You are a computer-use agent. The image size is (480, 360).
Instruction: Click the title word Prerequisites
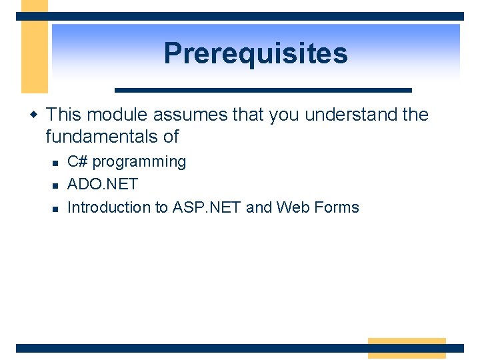click(255, 54)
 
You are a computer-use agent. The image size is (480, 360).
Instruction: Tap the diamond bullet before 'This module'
click(34, 115)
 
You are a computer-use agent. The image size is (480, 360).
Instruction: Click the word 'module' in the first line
click(117, 115)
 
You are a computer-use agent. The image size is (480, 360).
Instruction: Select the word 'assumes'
click(190, 115)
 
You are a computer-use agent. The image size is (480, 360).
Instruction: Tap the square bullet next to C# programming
click(55, 163)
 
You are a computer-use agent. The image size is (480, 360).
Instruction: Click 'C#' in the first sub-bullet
click(77, 161)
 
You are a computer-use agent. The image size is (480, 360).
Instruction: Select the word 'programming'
click(139, 162)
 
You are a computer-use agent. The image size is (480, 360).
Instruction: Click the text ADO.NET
click(103, 184)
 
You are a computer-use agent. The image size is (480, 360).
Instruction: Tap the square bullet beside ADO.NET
click(55, 186)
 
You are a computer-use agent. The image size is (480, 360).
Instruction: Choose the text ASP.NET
click(207, 207)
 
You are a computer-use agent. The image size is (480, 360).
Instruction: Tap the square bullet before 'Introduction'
click(55, 209)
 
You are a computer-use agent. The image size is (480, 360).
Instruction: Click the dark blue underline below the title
click(263, 90)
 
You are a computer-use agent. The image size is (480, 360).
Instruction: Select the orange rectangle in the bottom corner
click(407, 349)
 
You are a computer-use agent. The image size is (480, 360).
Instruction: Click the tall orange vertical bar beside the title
click(35, 47)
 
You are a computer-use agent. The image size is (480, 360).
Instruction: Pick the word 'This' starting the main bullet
click(64, 115)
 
